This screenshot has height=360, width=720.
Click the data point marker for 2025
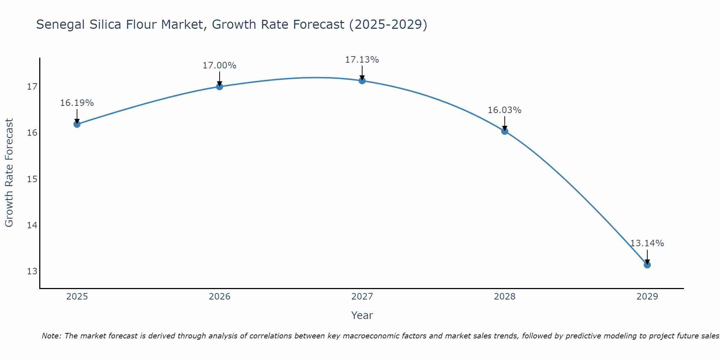[x=77, y=124]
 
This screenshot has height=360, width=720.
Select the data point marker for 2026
[x=219, y=86]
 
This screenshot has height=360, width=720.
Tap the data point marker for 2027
[x=362, y=81]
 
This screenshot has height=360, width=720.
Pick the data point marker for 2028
[x=504, y=131]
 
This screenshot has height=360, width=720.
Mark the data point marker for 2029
[x=647, y=265]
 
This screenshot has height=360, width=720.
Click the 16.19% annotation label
[x=77, y=103]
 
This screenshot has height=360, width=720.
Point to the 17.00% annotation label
[x=219, y=66]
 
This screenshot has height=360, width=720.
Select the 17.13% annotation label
[x=362, y=60]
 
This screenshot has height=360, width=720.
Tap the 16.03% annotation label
[x=504, y=110]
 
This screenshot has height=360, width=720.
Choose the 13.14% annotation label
[x=647, y=243]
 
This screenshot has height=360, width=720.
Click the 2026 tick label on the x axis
[x=219, y=297]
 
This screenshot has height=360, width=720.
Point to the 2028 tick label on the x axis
[x=504, y=297]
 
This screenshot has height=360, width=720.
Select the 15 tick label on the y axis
[x=32, y=179]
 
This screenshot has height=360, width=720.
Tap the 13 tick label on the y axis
[x=32, y=271]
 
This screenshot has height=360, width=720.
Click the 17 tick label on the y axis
[x=32, y=87]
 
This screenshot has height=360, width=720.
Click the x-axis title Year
[x=362, y=315]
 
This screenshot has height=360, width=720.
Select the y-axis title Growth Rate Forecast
[x=9, y=173]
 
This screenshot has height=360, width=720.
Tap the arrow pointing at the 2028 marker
[x=504, y=123]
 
